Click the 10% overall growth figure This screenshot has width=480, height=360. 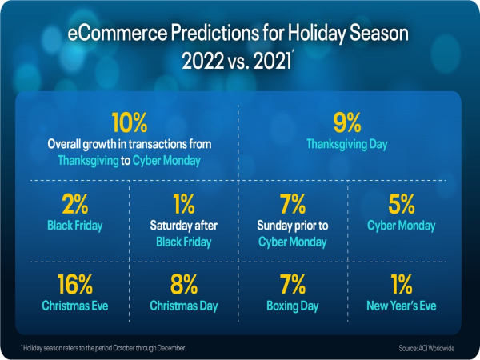tap(129, 123)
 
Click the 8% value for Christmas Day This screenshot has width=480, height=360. tap(183, 285)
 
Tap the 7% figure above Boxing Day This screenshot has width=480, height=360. tap(293, 285)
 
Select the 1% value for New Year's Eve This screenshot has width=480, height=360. tap(402, 285)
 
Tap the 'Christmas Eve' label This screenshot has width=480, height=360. tap(74, 306)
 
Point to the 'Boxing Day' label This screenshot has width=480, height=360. tap(293, 306)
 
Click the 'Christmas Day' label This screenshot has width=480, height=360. tap(183, 306)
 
